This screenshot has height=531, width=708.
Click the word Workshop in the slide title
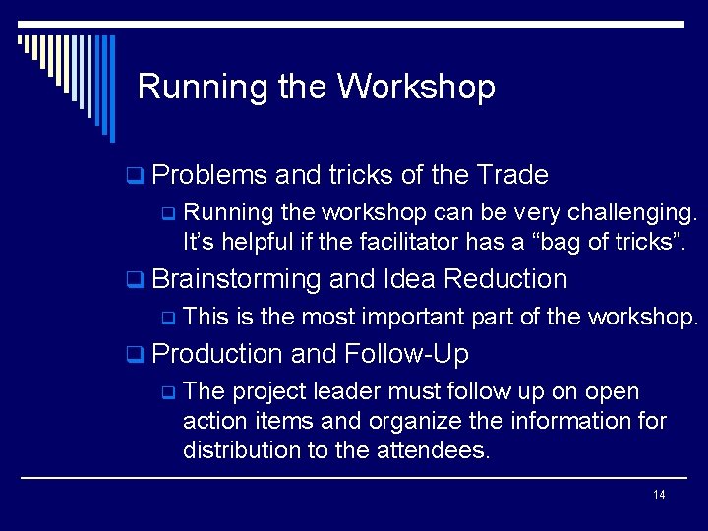416,88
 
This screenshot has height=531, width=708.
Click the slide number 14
659,494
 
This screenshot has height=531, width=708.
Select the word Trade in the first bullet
511,176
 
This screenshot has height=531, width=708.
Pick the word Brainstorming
237,279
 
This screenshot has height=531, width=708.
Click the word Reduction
505,279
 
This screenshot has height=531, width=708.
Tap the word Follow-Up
407,354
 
